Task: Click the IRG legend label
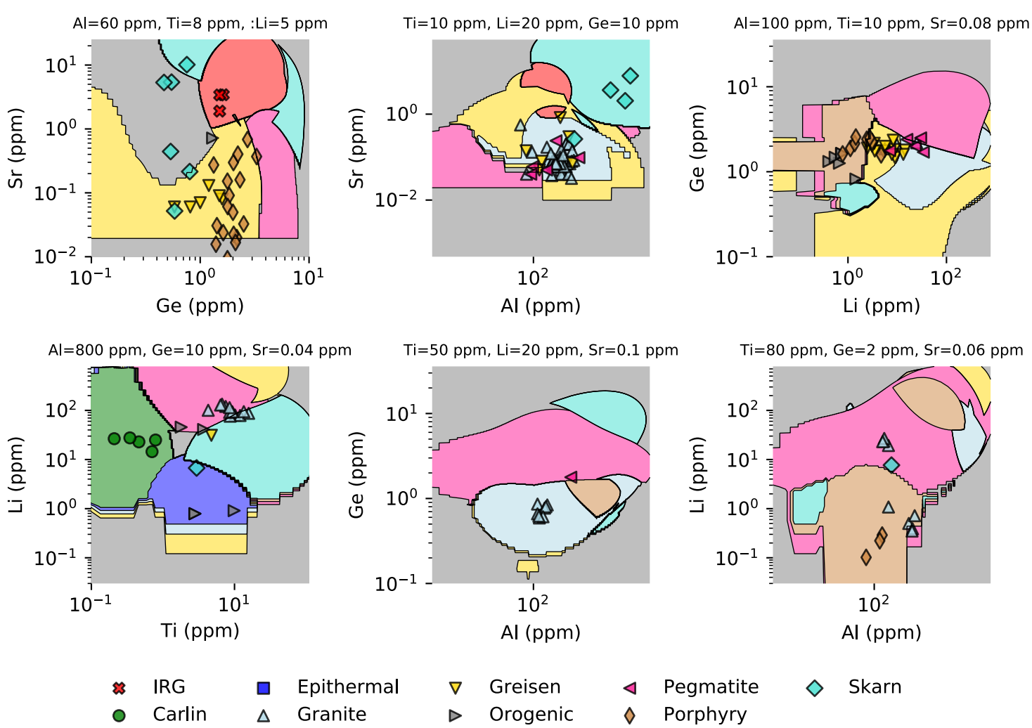(169, 687)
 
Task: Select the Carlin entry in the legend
(179, 714)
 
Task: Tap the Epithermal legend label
(347, 687)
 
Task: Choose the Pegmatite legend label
(711, 687)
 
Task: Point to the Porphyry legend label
(704, 714)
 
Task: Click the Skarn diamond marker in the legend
(815, 687)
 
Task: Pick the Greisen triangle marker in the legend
(456, 688)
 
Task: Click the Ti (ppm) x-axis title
(200, 630)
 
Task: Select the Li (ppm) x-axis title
(881, 306)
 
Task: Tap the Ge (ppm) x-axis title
(200, 306)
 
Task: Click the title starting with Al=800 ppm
(200, 350)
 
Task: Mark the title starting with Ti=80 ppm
(881, 350)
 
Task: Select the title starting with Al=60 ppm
(200, 23)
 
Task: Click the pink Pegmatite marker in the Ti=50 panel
(572, 477)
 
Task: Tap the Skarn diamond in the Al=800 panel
(196, 468)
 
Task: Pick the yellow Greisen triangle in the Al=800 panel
(211, 435)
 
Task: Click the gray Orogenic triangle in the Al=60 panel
(212, 138)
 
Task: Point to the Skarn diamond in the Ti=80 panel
(891, 464)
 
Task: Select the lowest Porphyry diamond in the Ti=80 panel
(866, 557)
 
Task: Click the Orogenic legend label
(531, 714)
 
